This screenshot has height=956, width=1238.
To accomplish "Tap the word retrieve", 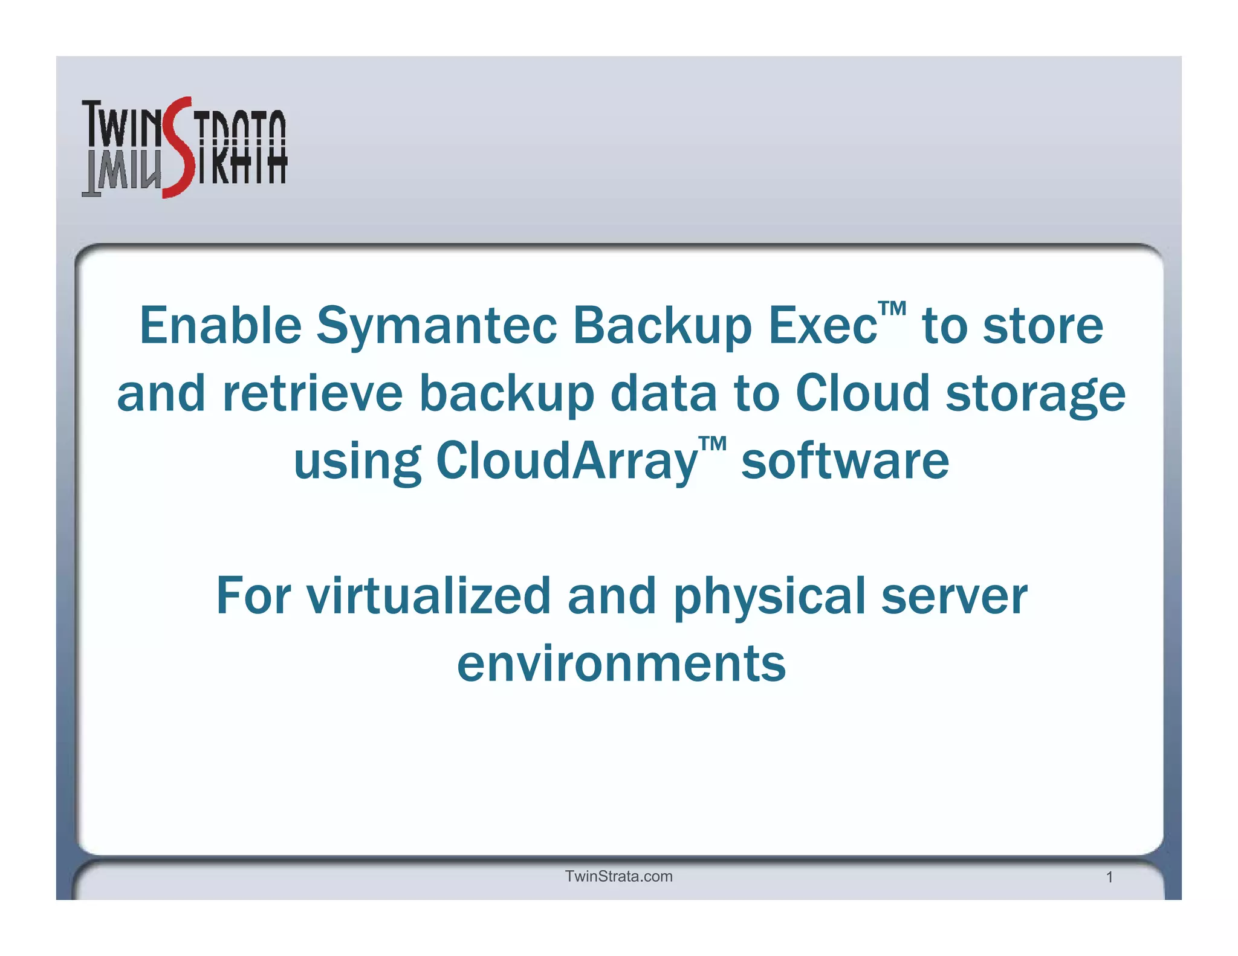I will tap(312, 393).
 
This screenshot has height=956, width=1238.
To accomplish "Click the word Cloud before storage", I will tap(862, 393).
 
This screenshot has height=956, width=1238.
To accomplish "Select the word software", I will tap(844, 461).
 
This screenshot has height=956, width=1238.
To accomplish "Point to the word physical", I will tap(769, 597).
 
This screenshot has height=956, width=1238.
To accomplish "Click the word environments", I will tap(621, 664).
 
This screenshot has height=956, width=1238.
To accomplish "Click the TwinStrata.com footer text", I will tap(618, 876).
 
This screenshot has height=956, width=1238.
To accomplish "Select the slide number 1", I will tap(1109, 877).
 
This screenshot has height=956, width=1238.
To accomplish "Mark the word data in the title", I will tap(664, 393).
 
